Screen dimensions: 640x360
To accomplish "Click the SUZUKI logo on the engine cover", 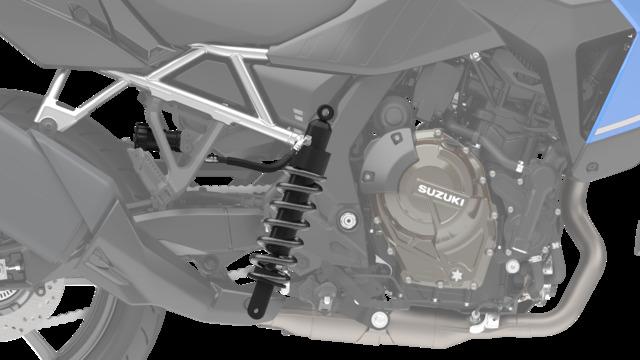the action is click(x=441, y=196).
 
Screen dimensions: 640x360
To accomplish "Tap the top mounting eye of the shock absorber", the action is click(x=325, y=111).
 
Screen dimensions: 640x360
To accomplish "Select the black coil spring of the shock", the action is click(x=286, y=225).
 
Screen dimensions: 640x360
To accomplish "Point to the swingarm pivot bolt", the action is click(x=347, y=220).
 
